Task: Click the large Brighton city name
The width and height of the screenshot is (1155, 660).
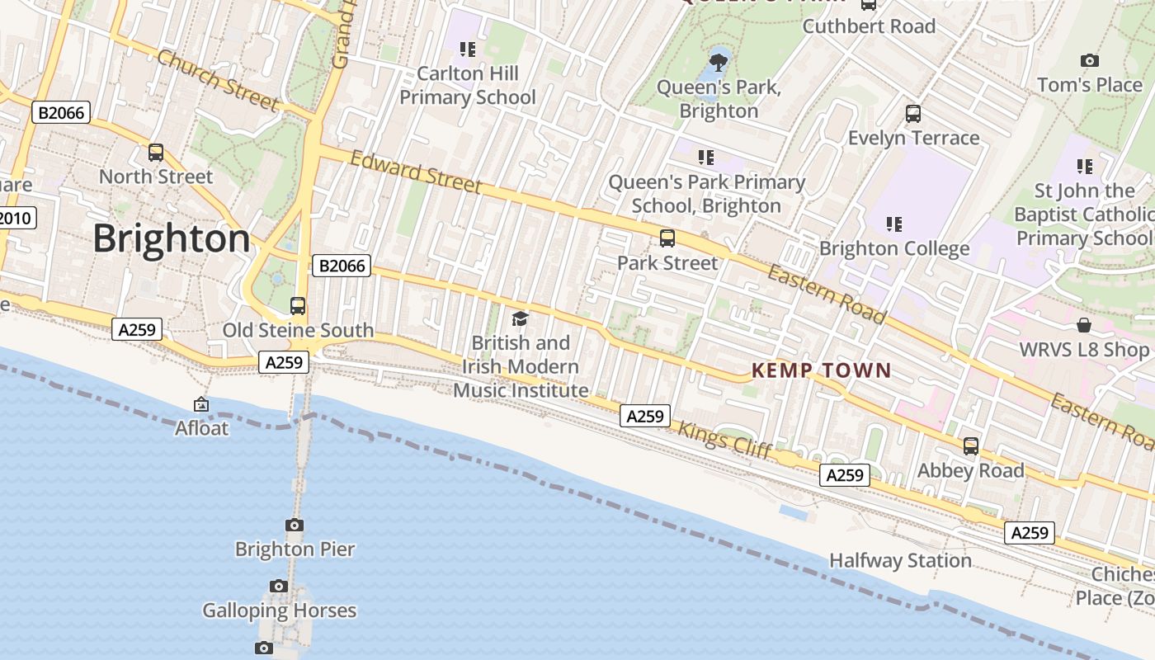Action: click(x=172, y=238)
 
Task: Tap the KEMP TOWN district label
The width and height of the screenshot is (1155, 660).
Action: click(x=822, y=370)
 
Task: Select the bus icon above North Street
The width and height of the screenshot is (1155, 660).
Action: click(x=156, y=153)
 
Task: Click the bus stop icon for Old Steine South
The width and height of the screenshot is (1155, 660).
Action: click(x=298, y=306)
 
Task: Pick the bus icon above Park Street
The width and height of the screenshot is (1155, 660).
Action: click(x=667, y=238)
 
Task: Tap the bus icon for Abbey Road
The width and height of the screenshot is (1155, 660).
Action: click(x=971, y=446)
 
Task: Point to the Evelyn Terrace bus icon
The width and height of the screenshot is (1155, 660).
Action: click(x=913, y=114)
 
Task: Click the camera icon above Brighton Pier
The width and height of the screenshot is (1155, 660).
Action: click(x=295, y=525)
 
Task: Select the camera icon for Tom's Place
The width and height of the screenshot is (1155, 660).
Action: click(x=1090, y=61)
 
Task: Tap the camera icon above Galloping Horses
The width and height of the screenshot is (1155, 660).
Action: click(x=279, y=587)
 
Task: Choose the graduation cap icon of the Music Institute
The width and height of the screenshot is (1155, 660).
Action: click(x=520, y=318)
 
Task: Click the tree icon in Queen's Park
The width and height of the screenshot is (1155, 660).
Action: click(x=719, y=61)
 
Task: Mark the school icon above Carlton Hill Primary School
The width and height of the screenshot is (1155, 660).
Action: click(x=468, y=49)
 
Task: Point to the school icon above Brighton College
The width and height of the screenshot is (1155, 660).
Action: click(x=893, y=224)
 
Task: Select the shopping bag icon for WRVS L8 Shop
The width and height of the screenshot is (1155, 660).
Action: click(x=1084, y=325)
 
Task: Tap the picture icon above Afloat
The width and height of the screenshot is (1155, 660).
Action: click(x=201, y=404)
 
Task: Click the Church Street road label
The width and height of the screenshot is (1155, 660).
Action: click(x=218, y=80)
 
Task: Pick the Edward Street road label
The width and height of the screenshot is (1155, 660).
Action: click(x=416, y=172)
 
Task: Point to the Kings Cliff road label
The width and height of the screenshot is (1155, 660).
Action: click(x=725, y=440)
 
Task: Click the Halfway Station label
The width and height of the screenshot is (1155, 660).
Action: click(x=900, y=561)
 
